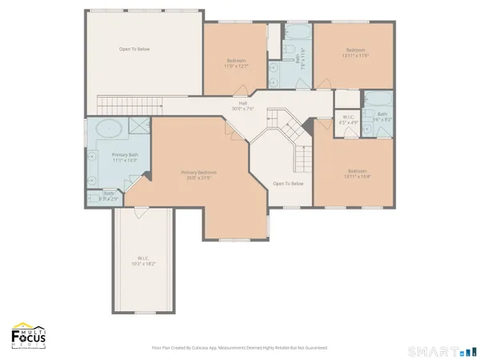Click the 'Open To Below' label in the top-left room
tap(134, 50)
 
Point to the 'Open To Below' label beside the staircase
tap(288, 184)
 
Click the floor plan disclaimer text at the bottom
tap(240, 348)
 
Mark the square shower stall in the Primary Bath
tap(138, 126)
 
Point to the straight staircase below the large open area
tap(130, 103)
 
